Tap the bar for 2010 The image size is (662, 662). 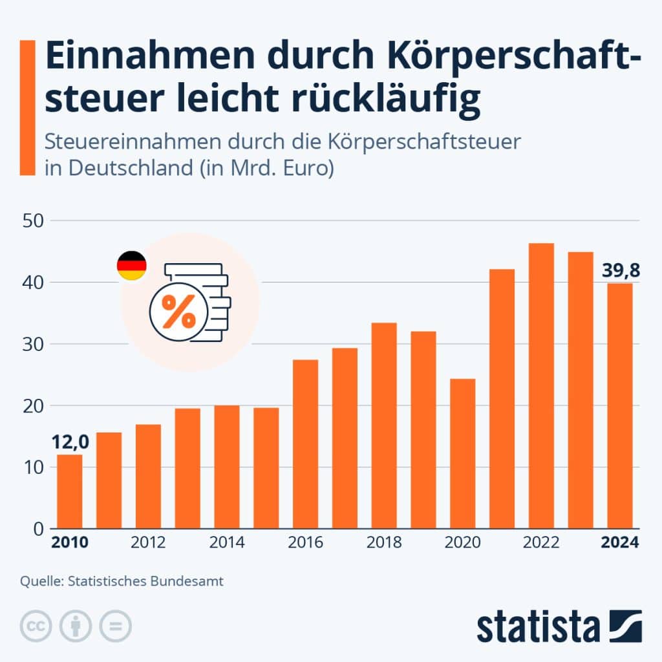tap(70, 491)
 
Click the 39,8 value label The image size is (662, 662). tap(621, 270)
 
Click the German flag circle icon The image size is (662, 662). tap(131, 266)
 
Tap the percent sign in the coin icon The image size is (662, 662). tap(178, 312)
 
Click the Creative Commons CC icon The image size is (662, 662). tap(36, 626)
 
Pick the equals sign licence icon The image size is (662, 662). tap(115, 626)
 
